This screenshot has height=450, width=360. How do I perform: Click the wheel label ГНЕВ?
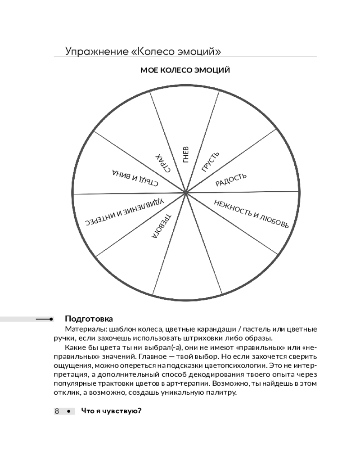186,155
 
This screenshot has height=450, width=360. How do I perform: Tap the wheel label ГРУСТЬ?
210,162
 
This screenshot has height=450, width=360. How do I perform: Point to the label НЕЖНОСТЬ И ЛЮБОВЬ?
251,213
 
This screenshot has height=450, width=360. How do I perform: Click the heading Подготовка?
89,319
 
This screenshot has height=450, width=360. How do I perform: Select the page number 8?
58,411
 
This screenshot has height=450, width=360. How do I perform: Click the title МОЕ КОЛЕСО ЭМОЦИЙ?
185,70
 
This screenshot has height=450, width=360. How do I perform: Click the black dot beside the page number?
68,411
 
